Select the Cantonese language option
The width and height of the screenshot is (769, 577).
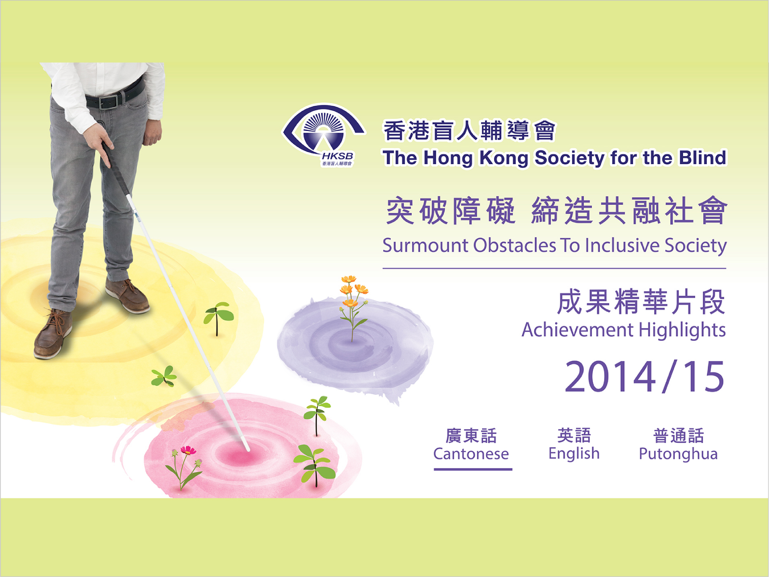[x=471, y=445]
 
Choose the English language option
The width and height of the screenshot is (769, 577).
[x=574, y=445]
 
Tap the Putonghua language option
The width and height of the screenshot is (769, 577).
[x=678, y=445]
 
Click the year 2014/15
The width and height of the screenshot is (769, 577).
[x=644, y=377]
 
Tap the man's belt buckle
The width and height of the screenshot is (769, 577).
[x=109, y=102]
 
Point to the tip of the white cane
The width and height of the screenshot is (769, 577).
[x=247, y=449]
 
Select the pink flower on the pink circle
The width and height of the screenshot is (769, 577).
[x=188, y=450]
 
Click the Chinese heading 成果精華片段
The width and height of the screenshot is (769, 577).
[x=641, y=302]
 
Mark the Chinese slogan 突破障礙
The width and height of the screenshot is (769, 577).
[x=451, y=211]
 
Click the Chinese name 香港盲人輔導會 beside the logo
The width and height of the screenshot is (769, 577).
[x=469, y=131]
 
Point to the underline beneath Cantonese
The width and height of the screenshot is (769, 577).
[x=473, y=469]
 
